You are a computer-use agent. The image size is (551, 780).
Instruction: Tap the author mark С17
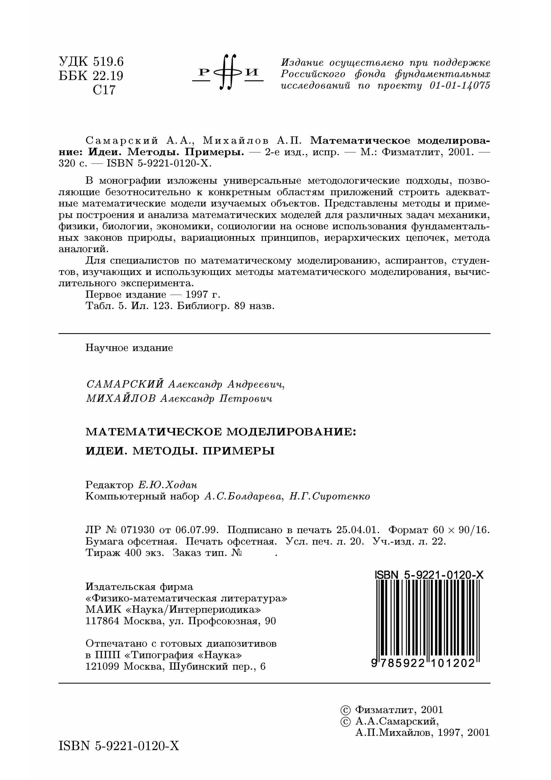pyautogui.click(x=104, y=90)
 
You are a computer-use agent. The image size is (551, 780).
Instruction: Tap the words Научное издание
pyautogui.click(x=129, y=348)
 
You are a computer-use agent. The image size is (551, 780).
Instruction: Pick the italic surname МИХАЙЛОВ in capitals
pyautogui.click(x=121, y=398)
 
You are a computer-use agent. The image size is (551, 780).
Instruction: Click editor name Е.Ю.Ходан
pyautogui.click(x=167, y=485)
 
